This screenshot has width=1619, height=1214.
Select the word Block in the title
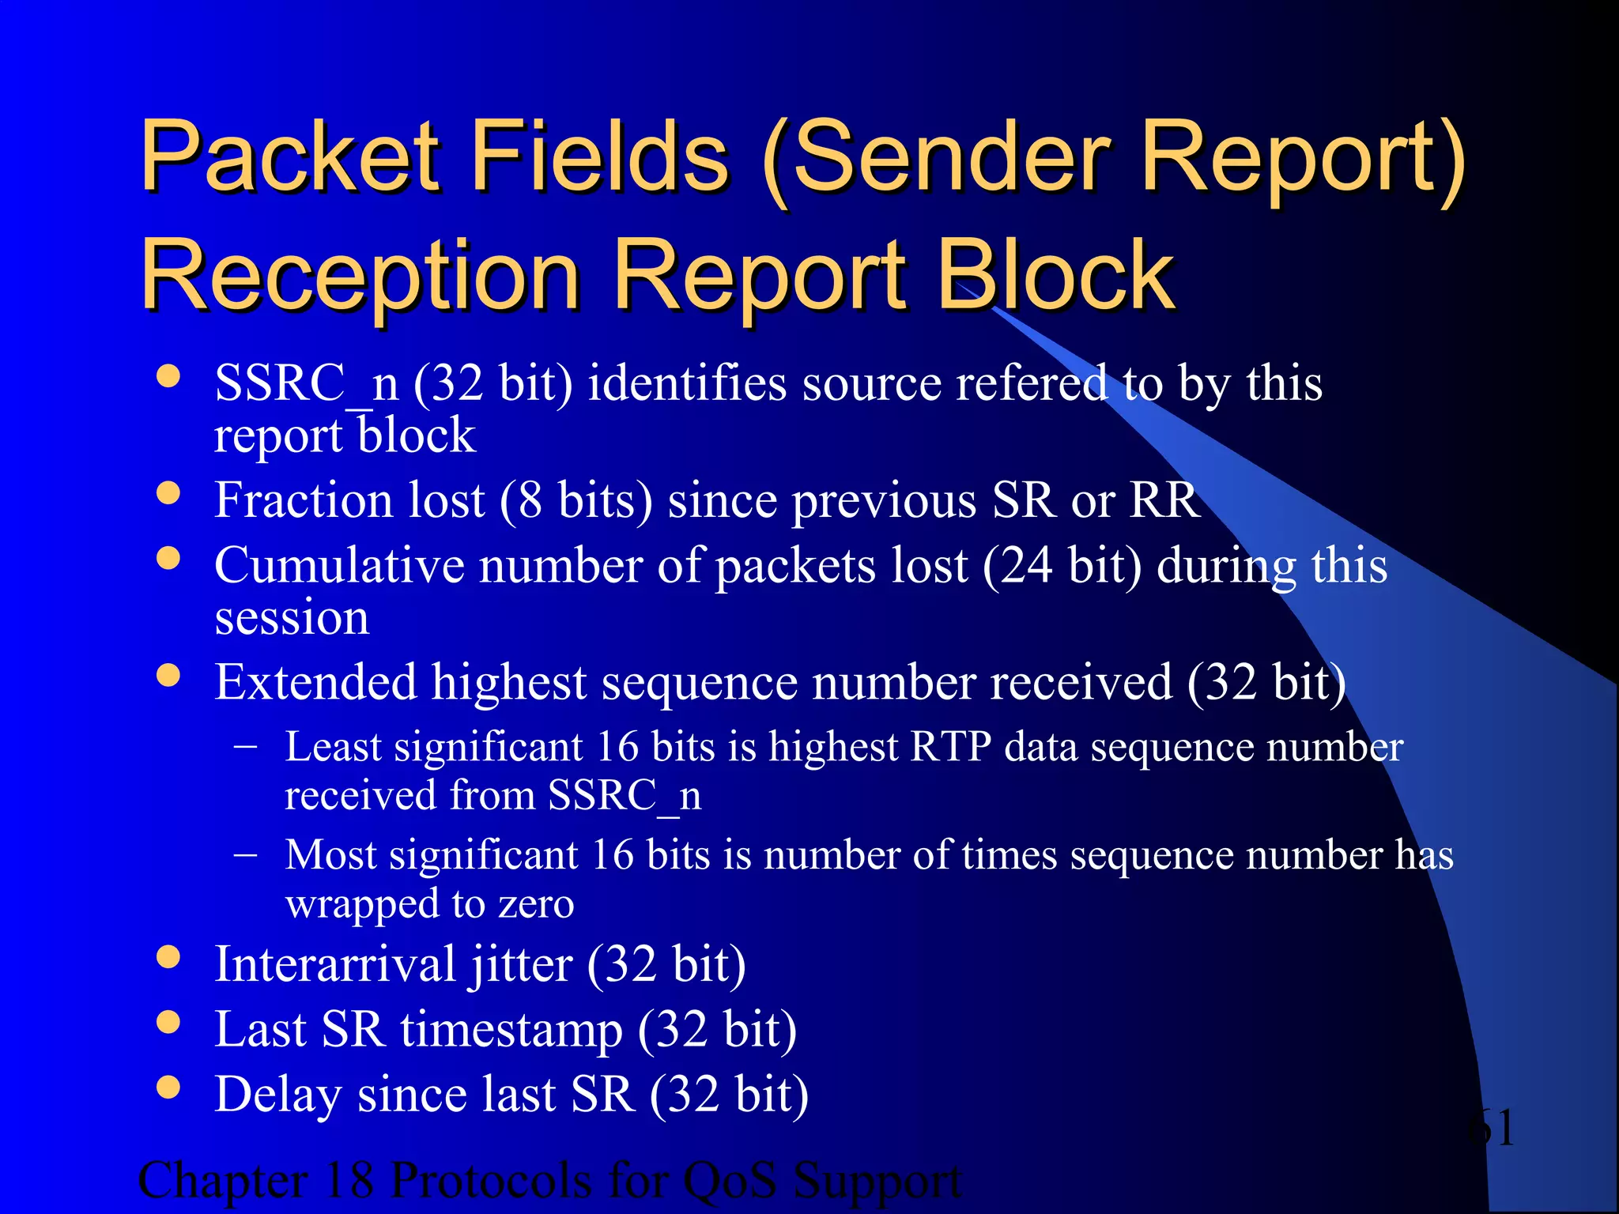(x=1055, y=276)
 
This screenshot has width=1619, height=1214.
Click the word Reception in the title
(x=360, y=277)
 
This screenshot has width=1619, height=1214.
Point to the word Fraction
(x=304, y=501)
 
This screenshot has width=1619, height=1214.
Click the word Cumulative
(x=340, y=566)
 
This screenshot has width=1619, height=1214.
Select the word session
(x=292, y=618)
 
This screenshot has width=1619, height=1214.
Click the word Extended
(x=315, y=682)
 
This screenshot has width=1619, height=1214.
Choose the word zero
(x=535, y=904)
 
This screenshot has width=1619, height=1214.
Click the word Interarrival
(x=335, y=965)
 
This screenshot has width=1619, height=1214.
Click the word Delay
(x=278, y=1095)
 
